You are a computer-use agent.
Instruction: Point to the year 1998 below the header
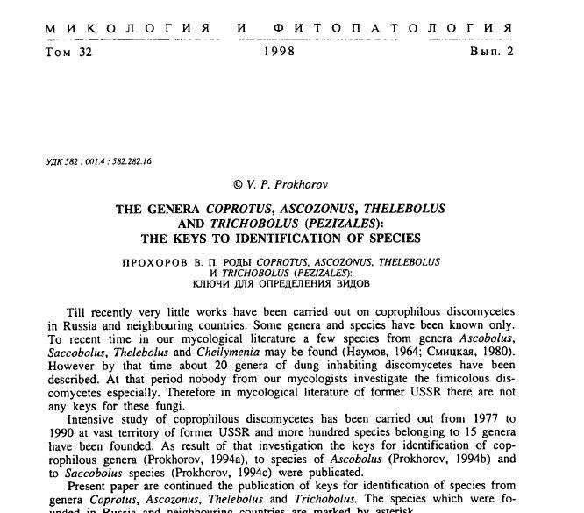click(x=279, y=52)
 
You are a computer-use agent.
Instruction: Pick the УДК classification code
click(x=98, y=161)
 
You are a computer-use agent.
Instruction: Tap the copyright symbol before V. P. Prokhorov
click(x=237, y=184)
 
